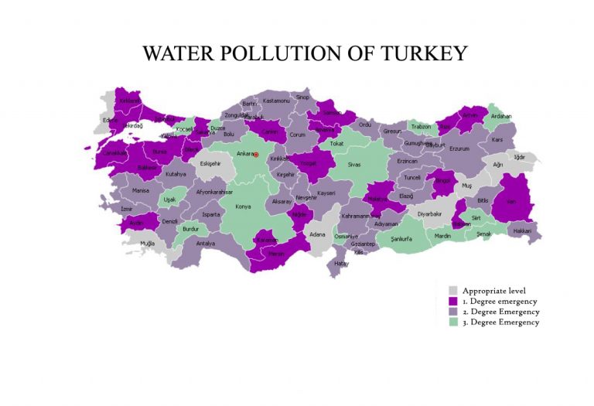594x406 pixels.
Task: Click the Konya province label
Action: coord(243,206)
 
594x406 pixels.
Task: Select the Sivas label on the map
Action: coord(353,165)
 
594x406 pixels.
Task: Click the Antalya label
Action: coord(205,244)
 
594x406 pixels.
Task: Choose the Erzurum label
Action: coord(459,148)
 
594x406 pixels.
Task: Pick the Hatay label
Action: coord(341,264)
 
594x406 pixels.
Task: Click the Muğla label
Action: coord(147,243)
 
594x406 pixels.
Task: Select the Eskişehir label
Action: coord(210,163)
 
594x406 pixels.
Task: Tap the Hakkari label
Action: coord(522,230)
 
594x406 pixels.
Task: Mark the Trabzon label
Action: coord(420,126)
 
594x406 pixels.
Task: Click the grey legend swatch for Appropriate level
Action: coord(453,290)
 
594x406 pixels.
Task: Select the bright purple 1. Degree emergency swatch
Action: coord(453,301)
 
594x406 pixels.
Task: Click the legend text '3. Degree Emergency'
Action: coord(500,322)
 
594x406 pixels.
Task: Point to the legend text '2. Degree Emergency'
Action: coord(500,312)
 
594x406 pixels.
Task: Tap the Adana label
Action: coord(317,234)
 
